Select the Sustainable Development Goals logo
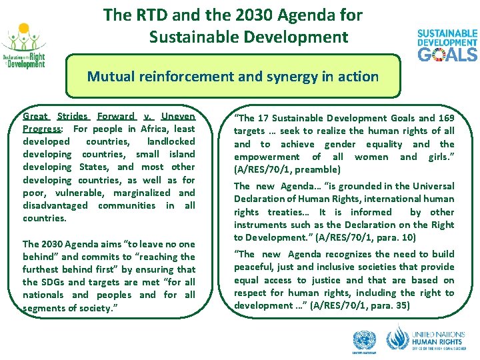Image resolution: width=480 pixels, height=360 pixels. [447, 45]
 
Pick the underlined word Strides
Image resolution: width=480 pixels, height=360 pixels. [73, 116]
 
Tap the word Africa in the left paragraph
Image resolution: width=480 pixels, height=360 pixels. [155, 129]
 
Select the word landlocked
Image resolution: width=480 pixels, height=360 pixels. [171, 141]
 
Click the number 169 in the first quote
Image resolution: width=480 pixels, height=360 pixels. [445, 118]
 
